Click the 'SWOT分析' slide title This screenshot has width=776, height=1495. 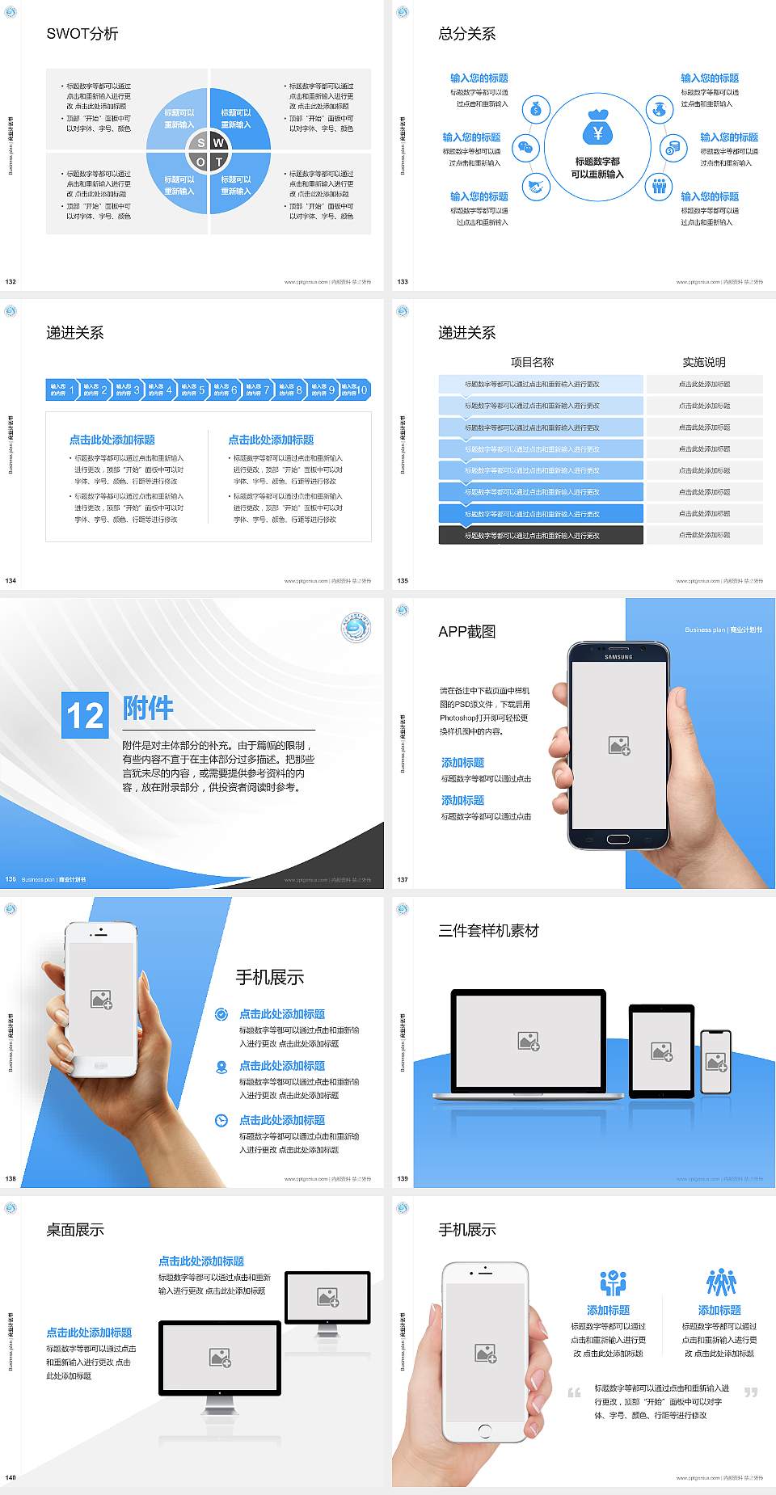click(x=82, y=34)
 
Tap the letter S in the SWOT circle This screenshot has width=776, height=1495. click(x=201, y=143)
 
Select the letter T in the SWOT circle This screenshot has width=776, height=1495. click(x=219, y=162)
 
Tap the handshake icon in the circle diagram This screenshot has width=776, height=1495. click(x=535, y=187)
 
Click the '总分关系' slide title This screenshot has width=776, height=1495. click(x=467, y=34)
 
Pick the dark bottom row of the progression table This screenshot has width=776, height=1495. click(x=541, y=535)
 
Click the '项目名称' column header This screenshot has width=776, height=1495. click(x=532, y=362)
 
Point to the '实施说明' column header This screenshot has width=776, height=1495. click(x=704, y=362)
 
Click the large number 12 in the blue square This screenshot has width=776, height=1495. click(x=85, y=715)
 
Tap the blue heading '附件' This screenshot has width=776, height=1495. click(x=148, y=708)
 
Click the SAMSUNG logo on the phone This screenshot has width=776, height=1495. click(x=618, y=657)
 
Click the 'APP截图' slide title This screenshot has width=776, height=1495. click(x=467, y=632)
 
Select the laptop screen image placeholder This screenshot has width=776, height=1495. click(x=529, y=1041)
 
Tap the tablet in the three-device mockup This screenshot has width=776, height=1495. click(x=661, y=1051)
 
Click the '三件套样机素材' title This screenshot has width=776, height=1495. click(x=488, y=931)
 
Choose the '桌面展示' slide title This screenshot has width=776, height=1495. click(x=75, y=1230)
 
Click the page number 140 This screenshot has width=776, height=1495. click(x=11, y=1477)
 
